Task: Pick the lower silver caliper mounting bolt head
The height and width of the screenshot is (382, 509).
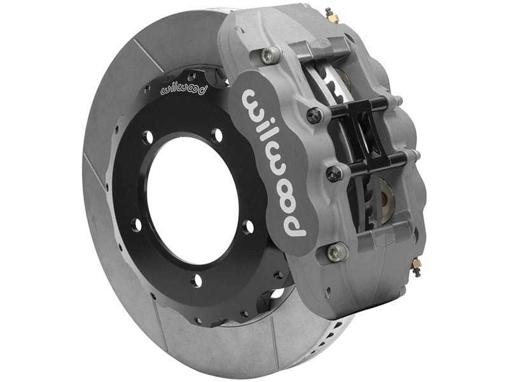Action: tap(337, 253)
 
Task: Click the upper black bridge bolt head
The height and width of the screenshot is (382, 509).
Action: tap(314, 116)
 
